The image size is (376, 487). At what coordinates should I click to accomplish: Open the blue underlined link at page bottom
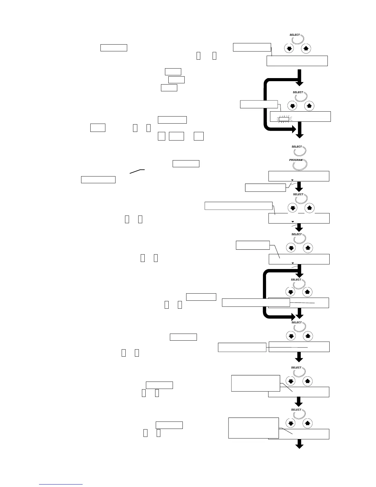tap(61, 484)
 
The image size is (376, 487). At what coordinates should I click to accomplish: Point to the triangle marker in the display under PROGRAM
tap(292, 180)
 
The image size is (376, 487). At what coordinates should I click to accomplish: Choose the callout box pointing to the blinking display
tap(259, 104)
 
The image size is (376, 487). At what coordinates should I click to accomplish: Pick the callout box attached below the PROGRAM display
tap(265, 187)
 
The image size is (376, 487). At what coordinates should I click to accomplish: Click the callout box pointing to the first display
tap(252, 47)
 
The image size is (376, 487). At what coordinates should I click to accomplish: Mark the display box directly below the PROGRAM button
tap(299, 176)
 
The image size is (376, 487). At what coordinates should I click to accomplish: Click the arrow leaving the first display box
tap(299, 78)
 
